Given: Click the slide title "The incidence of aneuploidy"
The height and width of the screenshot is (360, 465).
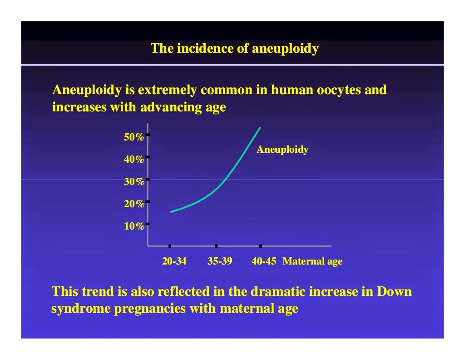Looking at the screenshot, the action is [x=235, y=49].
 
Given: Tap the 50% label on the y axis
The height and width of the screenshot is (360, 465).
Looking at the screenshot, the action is [x=134, y=137].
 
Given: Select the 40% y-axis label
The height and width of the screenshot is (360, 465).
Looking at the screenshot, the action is [x=134, y=160].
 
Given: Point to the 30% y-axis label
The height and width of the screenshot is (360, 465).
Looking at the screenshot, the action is [x=134, y=182].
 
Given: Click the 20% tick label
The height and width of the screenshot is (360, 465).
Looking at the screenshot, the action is [x=134, y=204].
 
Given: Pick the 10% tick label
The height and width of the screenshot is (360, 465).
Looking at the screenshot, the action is [x=134, y=226].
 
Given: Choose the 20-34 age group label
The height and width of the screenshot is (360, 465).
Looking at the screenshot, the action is [x=174, y=261].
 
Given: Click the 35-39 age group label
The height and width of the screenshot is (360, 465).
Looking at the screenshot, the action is [x=220, y=261].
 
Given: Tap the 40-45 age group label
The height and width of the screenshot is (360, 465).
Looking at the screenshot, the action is [x=264, y=261].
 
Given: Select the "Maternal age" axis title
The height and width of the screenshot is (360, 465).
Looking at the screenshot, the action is [x=312, y=261].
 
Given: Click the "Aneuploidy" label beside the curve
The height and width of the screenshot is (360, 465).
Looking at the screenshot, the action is [x=282, y=150].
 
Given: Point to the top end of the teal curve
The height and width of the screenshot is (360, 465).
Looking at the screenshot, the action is [x=260, y=128].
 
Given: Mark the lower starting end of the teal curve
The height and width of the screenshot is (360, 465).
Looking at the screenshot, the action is [x=171, y=212].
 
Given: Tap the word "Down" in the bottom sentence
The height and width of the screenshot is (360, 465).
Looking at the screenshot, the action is [x=394, y=291].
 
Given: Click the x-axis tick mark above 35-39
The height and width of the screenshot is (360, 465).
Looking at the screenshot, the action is [x=216, y=246].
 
